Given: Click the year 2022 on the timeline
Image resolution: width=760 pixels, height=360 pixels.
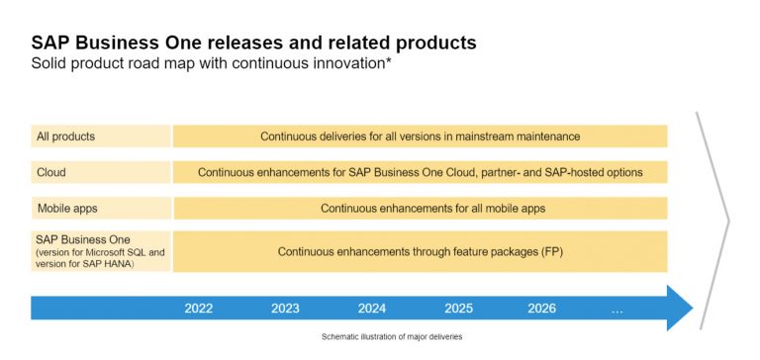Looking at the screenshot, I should (199, 309).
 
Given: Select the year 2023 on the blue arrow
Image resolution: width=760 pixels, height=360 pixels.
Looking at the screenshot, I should (285, 309).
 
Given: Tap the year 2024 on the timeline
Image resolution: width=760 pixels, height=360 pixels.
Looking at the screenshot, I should (372, 309).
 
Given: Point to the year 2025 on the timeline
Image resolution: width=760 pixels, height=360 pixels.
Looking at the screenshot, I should (458, 309).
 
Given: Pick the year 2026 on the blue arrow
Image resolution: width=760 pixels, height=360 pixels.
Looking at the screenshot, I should (541, 309).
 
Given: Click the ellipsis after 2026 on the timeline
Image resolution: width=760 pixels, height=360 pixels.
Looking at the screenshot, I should (617, 309).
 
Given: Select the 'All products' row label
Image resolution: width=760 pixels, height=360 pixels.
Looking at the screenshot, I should (66, 135).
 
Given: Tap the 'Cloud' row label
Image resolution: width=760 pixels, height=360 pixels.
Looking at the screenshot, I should (51, 172).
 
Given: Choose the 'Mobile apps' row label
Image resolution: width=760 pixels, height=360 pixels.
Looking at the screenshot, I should (68, 209).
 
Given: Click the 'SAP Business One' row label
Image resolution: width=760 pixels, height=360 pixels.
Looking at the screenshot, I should (83, 239).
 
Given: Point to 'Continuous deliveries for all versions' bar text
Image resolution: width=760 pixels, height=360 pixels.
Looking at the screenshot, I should (420, 135).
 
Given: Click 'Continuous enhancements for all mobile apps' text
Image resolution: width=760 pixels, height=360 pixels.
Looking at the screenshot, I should (432, 209).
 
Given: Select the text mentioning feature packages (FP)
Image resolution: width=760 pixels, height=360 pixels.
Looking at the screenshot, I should (420, 252).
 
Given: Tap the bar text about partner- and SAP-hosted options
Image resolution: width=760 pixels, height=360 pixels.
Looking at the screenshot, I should (420, 172).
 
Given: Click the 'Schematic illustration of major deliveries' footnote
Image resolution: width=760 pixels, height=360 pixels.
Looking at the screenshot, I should (391, 336).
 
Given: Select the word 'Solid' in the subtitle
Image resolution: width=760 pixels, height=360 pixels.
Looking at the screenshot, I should (48, 64).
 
